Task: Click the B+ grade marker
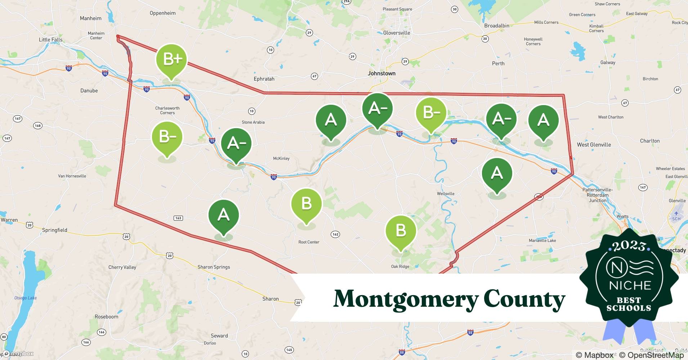pyautogui.click(x=172, y=59)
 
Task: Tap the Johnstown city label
pyautogui.click(x=381, y=73)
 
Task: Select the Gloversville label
pyautogui.click(x=397, y=33)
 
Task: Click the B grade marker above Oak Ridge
pyautogui.click(x=401, y=230)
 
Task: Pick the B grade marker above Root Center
pyautogui.click(x=306, y=203)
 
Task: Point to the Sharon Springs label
pyautogui.click(x=214, y=267)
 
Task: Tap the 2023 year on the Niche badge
pyautogui.click(x=629, y=246)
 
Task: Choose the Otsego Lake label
pyautogui.click(x=25, y=298)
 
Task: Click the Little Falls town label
pyautogui.click(x=50, y=40)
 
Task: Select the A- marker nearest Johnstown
pyautogui.click(x=377, y=108)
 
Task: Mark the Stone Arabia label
pyautogui.click(x=253, y=122)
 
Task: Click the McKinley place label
pyautogui.click(x=281, y=158)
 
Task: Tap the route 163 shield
pyautogui.click(x=178, y=218)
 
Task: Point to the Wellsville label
pyautogui.click(x=446, y=194)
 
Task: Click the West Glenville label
pyautogui.click(x=594, y=145)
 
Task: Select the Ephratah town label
pyautogui.click(x=264, y=79)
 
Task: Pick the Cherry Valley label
pyautogui.click(x=122, y=267)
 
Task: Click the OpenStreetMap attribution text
pyautogui.click(x=651, y=355)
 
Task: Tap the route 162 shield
pyautogui.click(x=335, y=234)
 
